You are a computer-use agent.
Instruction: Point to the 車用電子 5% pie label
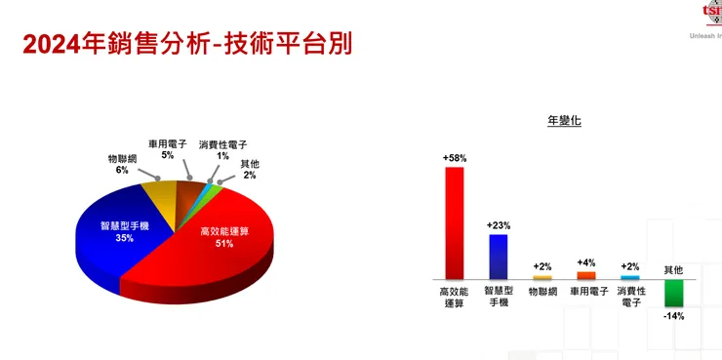pyautogui.click(x=167, y=148)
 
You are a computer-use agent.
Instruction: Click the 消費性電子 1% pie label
pyautogui.click(x=222, y=150)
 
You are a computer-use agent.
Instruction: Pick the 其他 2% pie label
pyautogui.click(x=250, y=170)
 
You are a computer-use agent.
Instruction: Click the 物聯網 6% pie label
pyautogui.click(x=122, y=164)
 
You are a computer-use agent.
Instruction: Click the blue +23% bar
pyautogui.click(x=499, y=257)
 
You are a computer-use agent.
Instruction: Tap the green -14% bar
pyautogui.click(x=674, y=293)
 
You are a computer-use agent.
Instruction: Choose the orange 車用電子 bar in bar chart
pyautogui.click(x=586, y=275)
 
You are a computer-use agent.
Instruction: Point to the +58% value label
pyautogui.click(x=455, y=157)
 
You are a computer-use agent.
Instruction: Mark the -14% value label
pyautogui.click(x=674, y=316)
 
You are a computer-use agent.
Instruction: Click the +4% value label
pyautogui.click(x=586, y=262)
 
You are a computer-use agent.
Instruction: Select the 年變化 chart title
pyautogui.click(x=565, y=121)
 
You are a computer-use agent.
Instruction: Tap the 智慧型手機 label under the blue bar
pyautogui.click(x=499, y=297)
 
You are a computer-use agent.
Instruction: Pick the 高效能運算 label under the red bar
pyautogui.click(x=454, y=297)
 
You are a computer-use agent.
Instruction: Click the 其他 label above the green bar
pyautogui.click(x=674, y=269)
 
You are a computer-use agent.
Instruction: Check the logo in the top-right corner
pyautogui.click(x=712, y=12)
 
